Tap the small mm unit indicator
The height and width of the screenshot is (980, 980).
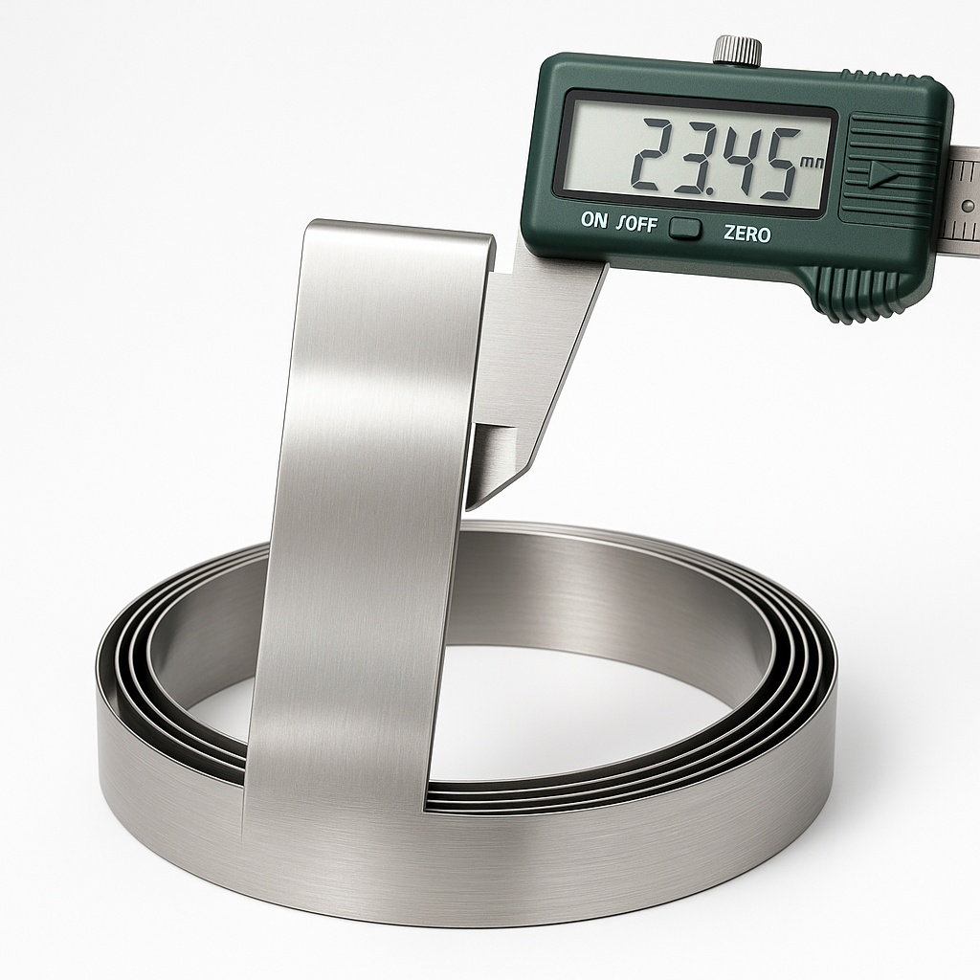[812, 163]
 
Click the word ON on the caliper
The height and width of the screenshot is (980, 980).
[594, 220]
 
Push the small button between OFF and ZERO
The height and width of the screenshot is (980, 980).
[685, 229]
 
